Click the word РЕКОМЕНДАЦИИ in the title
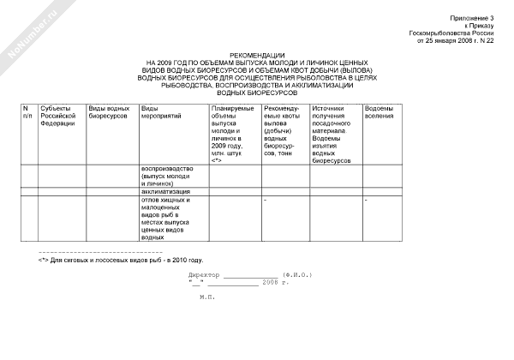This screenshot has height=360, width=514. [x=256, y=56]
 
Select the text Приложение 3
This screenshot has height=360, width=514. [x=472, y=18]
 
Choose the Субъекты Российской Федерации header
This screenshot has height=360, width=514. [x=58, y=116]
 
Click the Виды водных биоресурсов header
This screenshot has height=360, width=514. [x=110, y=112]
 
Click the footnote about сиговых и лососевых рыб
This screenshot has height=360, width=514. [x=120, y=259]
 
